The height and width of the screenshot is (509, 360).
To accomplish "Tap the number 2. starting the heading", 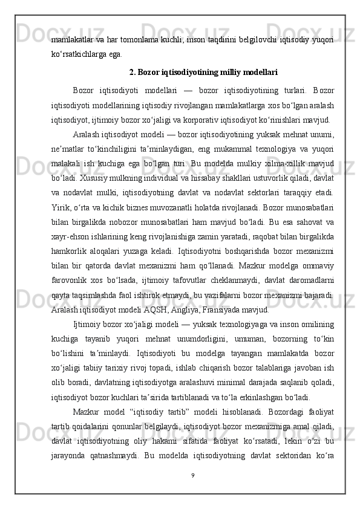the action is tap(133, 74).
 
